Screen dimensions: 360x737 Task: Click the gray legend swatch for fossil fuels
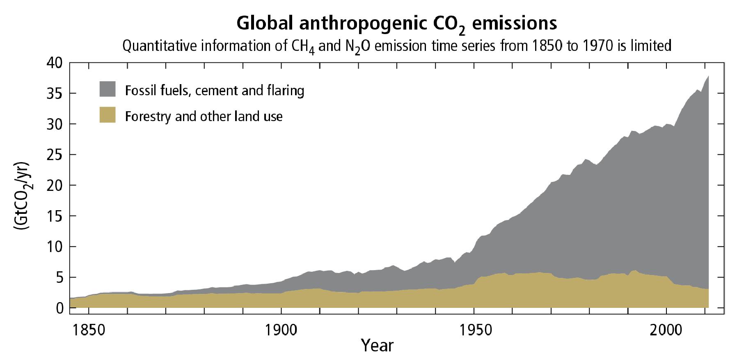coord(108,89)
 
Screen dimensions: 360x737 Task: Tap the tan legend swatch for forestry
coord(108,115)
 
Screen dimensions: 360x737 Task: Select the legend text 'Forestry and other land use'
coord(204,116)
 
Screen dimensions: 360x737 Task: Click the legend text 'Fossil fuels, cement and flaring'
coord(215,90)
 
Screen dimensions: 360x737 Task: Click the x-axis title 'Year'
coord(377,345)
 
